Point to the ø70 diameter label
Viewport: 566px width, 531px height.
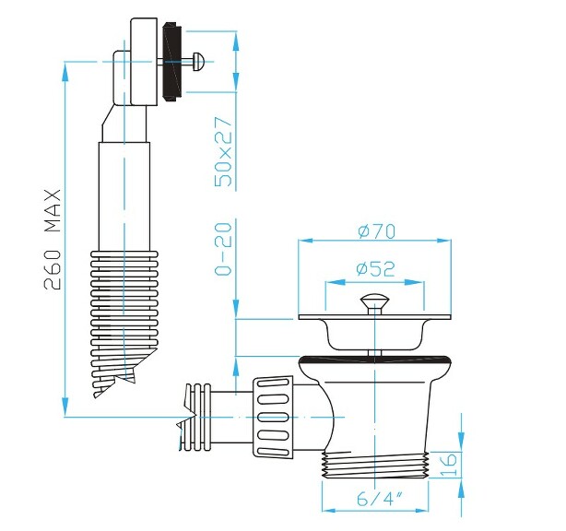click(x=375, y=230)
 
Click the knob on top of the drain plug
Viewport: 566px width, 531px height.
click(x=374, y=301)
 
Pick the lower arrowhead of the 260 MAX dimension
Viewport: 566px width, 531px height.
click(x=65, y=407)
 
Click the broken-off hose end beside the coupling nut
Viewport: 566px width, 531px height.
click(x=199, y=419)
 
